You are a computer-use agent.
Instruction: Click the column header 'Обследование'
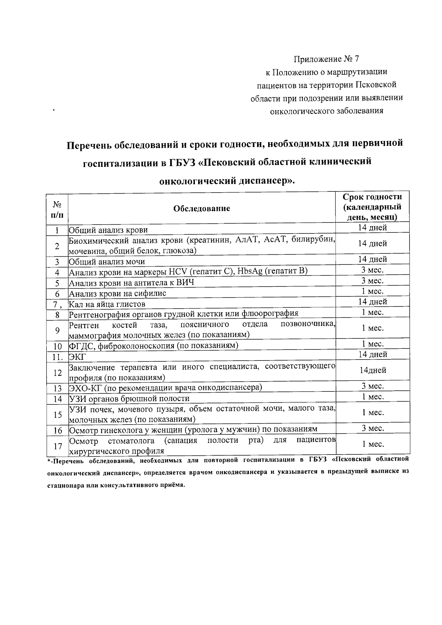pos(201,208)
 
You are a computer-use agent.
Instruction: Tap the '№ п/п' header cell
pos(57,209)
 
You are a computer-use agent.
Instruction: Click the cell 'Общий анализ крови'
pos(109,230)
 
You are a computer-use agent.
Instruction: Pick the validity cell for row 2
pos(372,243)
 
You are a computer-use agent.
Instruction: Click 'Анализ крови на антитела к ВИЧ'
pos(131,283)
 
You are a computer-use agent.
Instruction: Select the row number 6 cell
pos(57,294)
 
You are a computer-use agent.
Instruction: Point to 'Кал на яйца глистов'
pos(108,304)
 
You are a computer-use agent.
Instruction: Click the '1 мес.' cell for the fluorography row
pos(372,312)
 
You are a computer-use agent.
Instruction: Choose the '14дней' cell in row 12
pos(372,371)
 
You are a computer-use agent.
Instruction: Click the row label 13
pos(57,388)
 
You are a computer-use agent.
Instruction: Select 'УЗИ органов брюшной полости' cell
pos(129,398)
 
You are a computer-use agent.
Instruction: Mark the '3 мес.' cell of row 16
pos(372,428)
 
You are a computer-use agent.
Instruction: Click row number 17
pos(57,446)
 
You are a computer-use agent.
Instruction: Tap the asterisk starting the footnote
pos(48,461)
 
